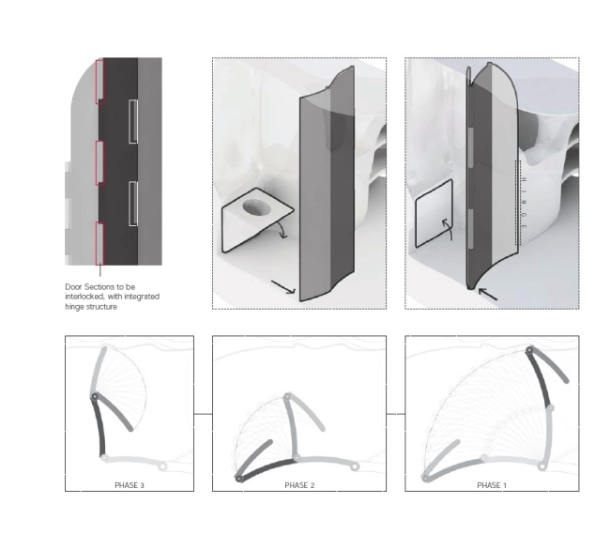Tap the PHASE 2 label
click(302, 485)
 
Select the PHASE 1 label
click(490, 485)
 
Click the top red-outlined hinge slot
click(99, 80)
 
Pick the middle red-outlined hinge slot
click(99, 160)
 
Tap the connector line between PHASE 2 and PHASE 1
click(395, 413)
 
